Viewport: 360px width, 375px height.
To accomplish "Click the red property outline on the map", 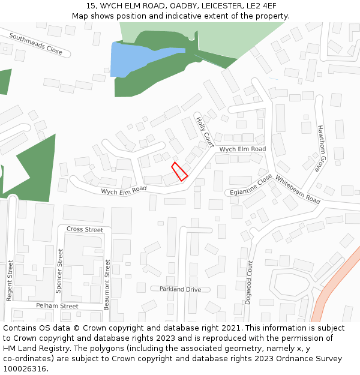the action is pyautogui.click(x=179, y=171).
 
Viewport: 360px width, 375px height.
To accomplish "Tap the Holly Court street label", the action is pyautogui.click(x=205, y=131).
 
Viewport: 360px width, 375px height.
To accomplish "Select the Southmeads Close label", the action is pyautogui.click(x=35, y=44).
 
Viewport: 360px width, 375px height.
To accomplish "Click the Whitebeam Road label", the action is pyautogui.click(x=298, y=190).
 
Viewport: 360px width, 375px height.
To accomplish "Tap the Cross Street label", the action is pyautogui.click(x=85, y=230).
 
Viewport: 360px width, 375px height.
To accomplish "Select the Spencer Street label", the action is pyautogui.click(x=59, y=270).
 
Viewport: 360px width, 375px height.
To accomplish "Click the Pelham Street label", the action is pyautogui.click(x=57, y=306).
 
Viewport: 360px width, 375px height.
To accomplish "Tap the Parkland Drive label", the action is pyautogui.click(x=180, y=289).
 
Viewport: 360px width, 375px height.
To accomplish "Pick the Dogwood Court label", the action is pyautogui.click(x=248, y=282).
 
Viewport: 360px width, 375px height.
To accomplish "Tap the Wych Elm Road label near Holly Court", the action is pyautogui.click(x=242, y=149).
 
